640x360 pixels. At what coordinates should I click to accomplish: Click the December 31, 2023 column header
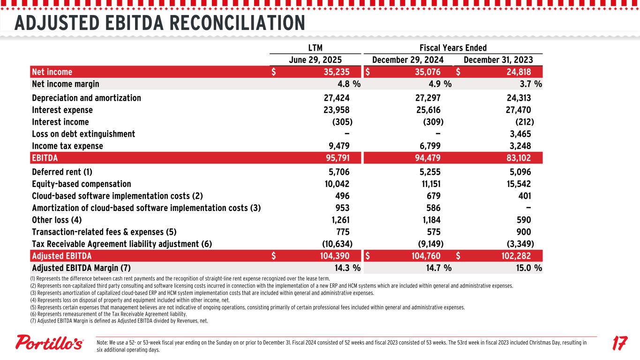tap(498, 60)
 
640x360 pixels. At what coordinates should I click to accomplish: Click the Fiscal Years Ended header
tap(452, 47)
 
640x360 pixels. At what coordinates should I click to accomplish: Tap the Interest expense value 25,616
tap(425, 110)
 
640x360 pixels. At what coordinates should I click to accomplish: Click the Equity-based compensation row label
tap(82, 184)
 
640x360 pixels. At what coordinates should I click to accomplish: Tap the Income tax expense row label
tap(68, 146)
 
